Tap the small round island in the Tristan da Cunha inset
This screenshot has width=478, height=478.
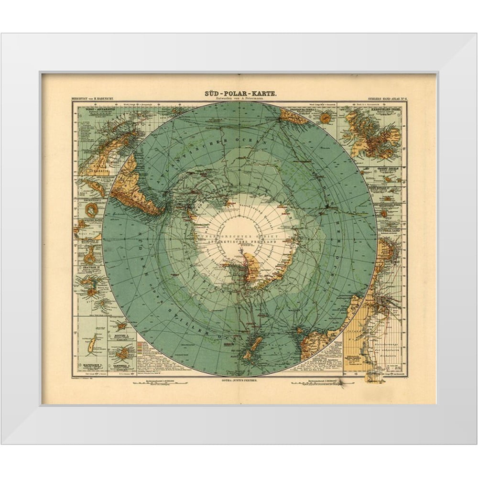pos(325,118)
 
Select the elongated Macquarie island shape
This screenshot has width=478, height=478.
pos(94,344)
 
